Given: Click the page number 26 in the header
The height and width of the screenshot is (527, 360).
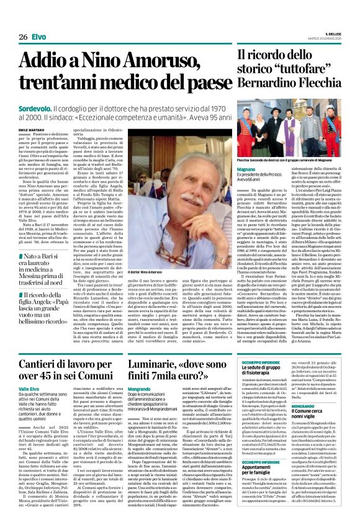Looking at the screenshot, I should (x=22, y=37).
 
